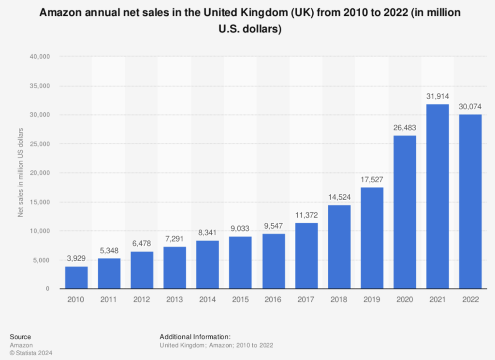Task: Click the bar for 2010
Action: pos(76,277)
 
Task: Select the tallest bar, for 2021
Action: pos(437,196)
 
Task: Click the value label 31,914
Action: pos(437,96)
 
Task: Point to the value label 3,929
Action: pos(76,259)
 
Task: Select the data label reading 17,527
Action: pos(372,180)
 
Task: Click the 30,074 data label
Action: pos(470,107)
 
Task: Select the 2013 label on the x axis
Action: pos(175,300)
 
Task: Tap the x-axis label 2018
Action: pos(339,300)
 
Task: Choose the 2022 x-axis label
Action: pos(470,300)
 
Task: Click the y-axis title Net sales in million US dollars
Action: pos(21,173)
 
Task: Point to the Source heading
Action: pos(20,337)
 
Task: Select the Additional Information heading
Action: pos(195,337)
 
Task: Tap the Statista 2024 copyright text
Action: pos(31,353)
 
